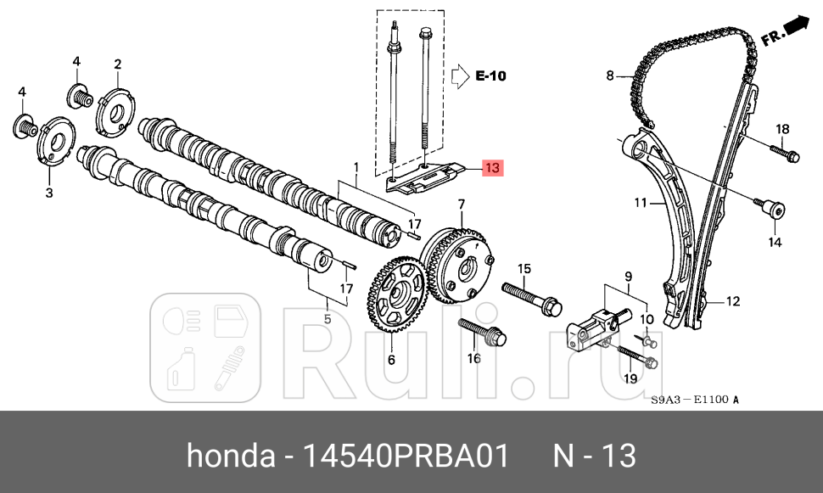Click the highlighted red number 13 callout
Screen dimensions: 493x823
point(493,167)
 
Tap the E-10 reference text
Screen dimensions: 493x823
point(490,76)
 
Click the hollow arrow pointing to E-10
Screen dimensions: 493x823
point(458,76)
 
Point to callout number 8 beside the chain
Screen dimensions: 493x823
point(609,76)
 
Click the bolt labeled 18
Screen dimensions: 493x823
point(784,154)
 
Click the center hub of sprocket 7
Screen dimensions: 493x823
point(466,270)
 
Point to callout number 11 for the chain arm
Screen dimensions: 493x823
point(641,203)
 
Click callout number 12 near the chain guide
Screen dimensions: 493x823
point(733,300)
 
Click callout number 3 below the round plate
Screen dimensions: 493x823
point(49,193)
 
